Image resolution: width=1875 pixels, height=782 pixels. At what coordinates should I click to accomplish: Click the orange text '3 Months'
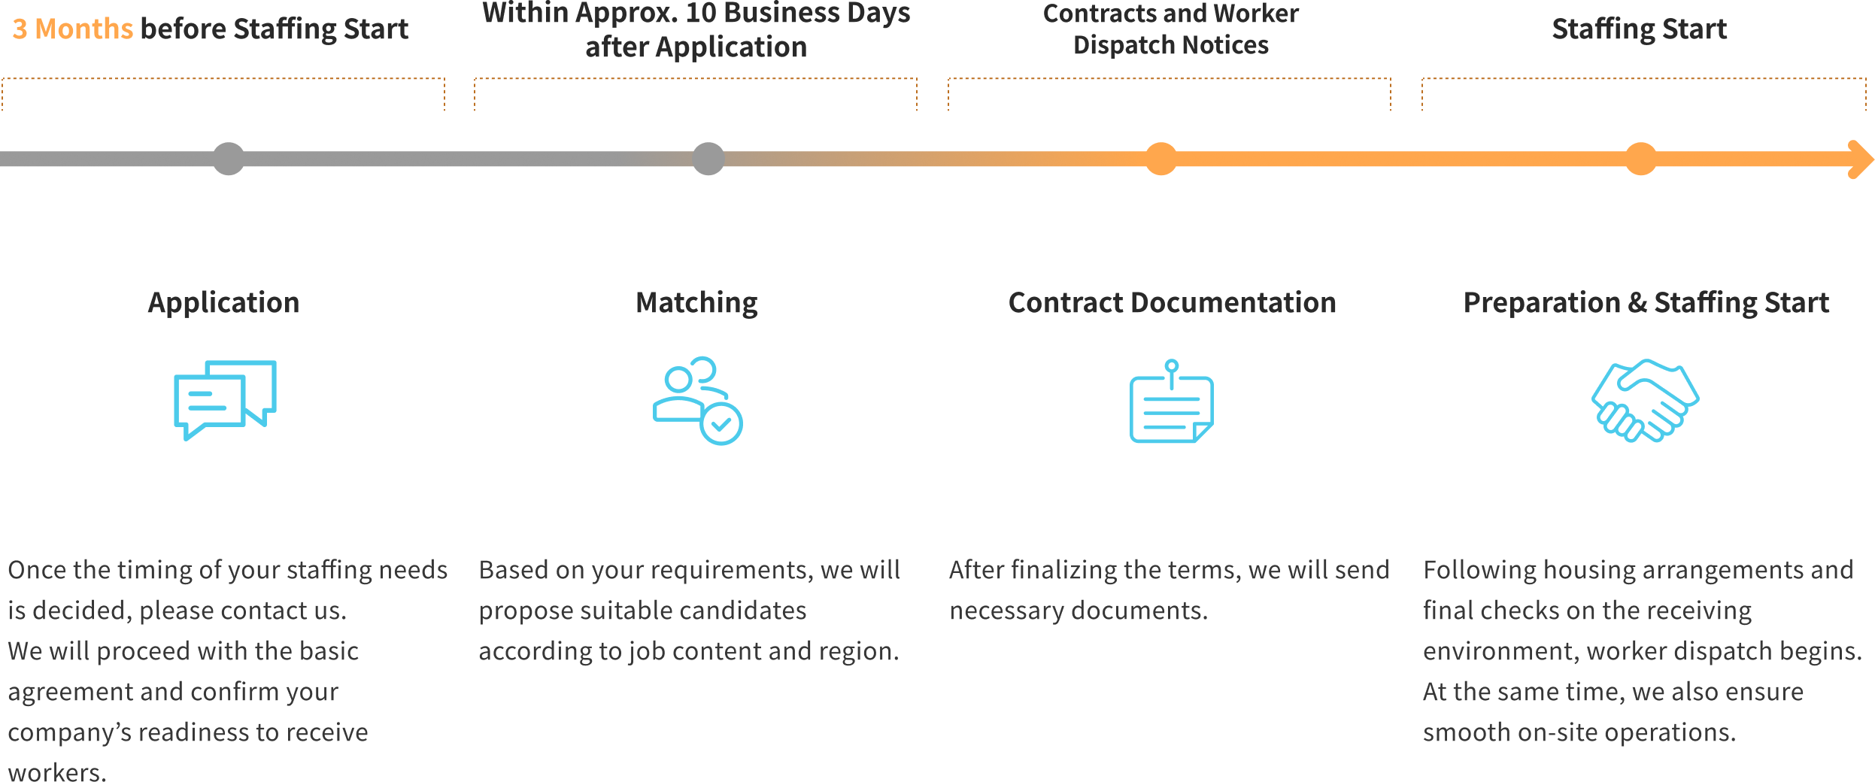click(72, 29)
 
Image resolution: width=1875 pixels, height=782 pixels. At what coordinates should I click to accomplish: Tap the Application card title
click(223, 302)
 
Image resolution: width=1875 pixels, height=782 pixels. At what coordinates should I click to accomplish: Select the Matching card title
click(696, 302)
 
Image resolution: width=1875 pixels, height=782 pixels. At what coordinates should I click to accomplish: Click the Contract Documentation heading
click(1171, 302)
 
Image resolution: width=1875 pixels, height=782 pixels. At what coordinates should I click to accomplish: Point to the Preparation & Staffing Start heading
click(1646, 302)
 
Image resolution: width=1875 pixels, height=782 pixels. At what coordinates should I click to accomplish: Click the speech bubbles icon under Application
click(225, 399)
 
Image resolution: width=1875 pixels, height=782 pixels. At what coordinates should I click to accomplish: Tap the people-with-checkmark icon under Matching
click(697, 400)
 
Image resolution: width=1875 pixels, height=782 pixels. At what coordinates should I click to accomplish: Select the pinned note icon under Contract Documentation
click(1171, 402)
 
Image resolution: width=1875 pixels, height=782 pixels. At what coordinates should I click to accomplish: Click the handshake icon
click(1645, 400)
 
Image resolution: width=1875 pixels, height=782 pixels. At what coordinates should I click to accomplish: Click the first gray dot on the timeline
click(229, 159)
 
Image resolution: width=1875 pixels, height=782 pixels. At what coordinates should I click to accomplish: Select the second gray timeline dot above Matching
click(708, 159)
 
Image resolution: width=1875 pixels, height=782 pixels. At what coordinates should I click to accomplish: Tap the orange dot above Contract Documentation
click(1160, 159)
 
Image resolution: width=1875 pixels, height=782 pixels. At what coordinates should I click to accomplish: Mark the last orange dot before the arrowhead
click(1640, 159)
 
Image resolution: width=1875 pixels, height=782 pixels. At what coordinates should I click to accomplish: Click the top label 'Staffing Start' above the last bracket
click(1639, 29)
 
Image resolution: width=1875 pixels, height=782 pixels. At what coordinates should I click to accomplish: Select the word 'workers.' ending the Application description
click(57, 771)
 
